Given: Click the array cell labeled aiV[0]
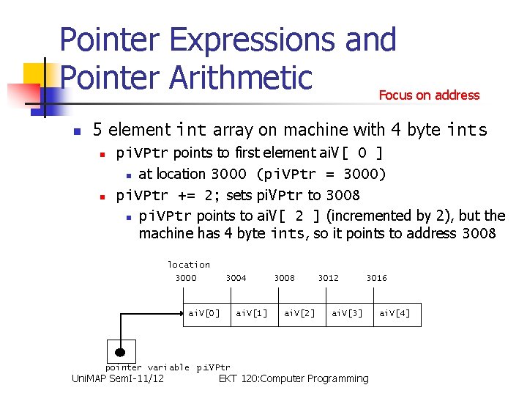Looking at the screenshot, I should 204,313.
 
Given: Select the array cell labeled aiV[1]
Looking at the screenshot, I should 252,313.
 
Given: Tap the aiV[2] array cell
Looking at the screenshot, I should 299,313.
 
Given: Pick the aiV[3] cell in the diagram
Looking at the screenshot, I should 347,313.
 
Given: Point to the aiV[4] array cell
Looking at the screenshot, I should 395,313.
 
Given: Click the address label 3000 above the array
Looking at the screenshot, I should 186,278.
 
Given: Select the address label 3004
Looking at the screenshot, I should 236,278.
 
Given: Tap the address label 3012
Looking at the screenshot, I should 328,278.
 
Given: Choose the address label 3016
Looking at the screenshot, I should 376,278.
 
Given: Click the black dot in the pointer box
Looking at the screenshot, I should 120,351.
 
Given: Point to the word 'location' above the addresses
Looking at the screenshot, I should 189,265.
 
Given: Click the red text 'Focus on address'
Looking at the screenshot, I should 429,95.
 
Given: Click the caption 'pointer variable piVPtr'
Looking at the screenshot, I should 168,367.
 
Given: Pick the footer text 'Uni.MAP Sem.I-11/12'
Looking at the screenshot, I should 117,378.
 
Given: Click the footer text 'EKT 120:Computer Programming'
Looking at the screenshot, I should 294,378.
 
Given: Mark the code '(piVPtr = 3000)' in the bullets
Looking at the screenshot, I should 321,174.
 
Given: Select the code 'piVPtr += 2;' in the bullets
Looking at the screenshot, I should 168,195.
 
